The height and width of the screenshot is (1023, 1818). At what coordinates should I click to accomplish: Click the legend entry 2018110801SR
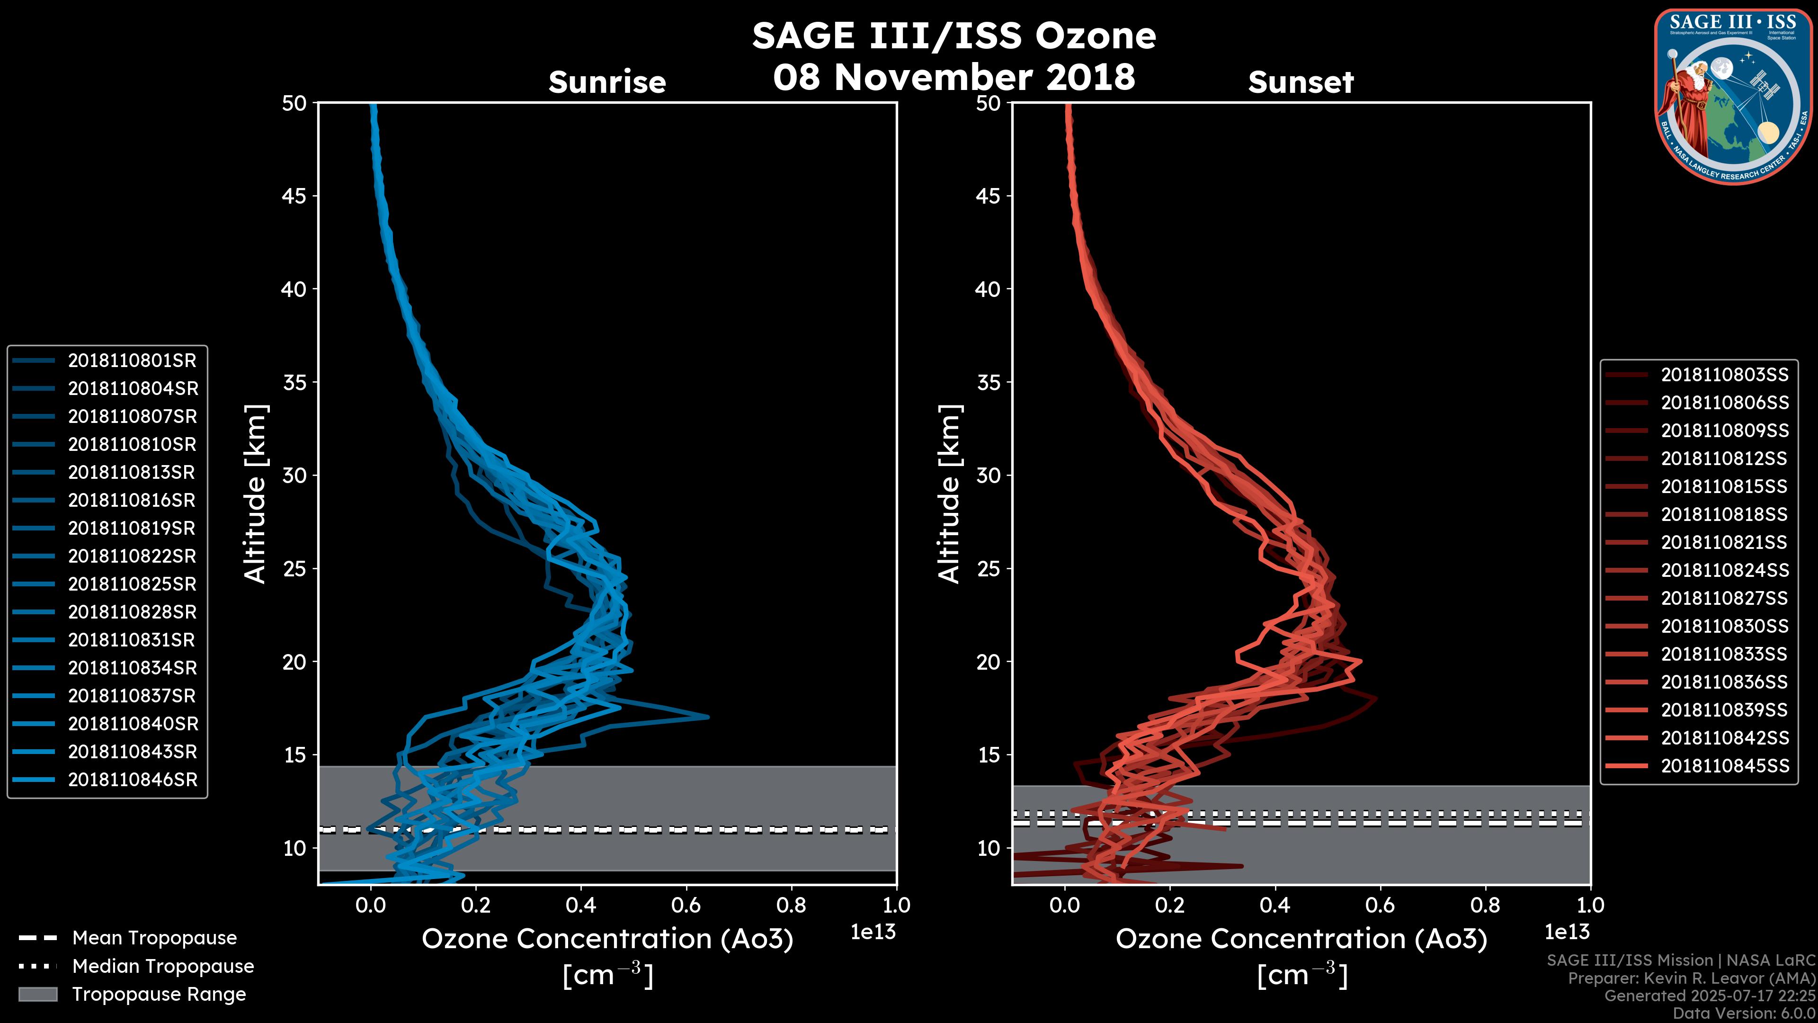[x=132, y=361]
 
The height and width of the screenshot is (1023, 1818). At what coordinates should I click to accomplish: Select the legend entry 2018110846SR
[x=132, y=780]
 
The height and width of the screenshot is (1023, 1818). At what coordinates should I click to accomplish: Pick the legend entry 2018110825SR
[x=132, y=584]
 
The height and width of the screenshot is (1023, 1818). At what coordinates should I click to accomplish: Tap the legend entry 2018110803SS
[x=1724, y=375]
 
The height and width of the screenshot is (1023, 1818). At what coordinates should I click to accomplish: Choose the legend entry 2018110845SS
[x=1724, y=766]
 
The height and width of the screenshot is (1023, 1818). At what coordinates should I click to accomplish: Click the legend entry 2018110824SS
[x=1724, y=570]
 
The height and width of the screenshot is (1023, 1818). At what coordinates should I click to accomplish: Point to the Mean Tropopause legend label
[x=154, y=938]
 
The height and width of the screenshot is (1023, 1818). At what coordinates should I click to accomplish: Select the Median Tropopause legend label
[x=163, y=967]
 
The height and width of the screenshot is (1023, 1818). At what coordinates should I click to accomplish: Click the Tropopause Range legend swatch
[x=37, y=995]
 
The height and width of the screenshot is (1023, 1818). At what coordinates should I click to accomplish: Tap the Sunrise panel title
[x=607, y=82]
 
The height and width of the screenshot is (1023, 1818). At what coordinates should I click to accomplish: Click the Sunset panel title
[x=1301, y=82]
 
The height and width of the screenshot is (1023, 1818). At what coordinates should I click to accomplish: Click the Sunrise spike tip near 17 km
[x=707, y=718]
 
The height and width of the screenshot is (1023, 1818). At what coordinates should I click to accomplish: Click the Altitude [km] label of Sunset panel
[x=949, y=494]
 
